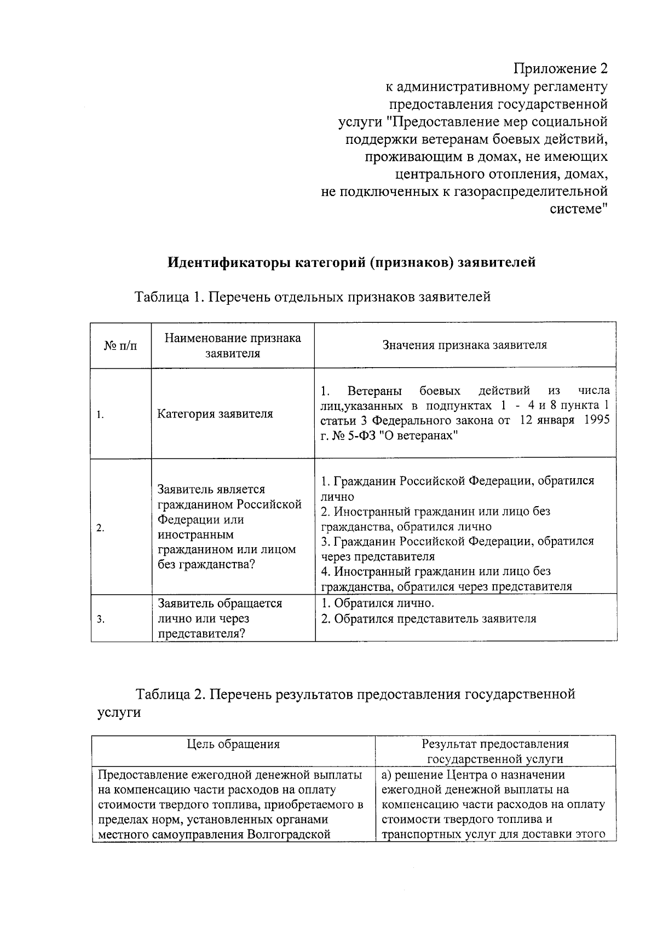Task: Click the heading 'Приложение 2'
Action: (x=561, y=68)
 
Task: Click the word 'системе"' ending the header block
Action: (x=578, y=210)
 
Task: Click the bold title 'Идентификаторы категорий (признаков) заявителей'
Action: (x=351, y=262)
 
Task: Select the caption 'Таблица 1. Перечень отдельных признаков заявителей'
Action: (x=313, y=297)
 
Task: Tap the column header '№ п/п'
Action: (x=120, y=346)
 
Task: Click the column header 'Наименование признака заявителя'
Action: (x=233, y=345)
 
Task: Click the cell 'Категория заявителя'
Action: (x=215, y=414)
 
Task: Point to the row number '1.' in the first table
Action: (x=100, y=415)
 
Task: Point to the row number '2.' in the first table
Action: (x=100, y=529)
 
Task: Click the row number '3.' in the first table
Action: (x=100, y=619)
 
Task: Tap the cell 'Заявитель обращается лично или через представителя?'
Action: (x=220, y=619)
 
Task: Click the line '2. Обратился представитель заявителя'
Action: (x=428, y=619)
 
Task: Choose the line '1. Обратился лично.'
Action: (x=377, y=604)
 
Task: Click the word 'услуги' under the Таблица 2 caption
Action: (x=119, y=712)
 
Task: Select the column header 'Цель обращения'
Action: (x=233, y=744)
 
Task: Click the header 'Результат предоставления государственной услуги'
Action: (x=495, y=751)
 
